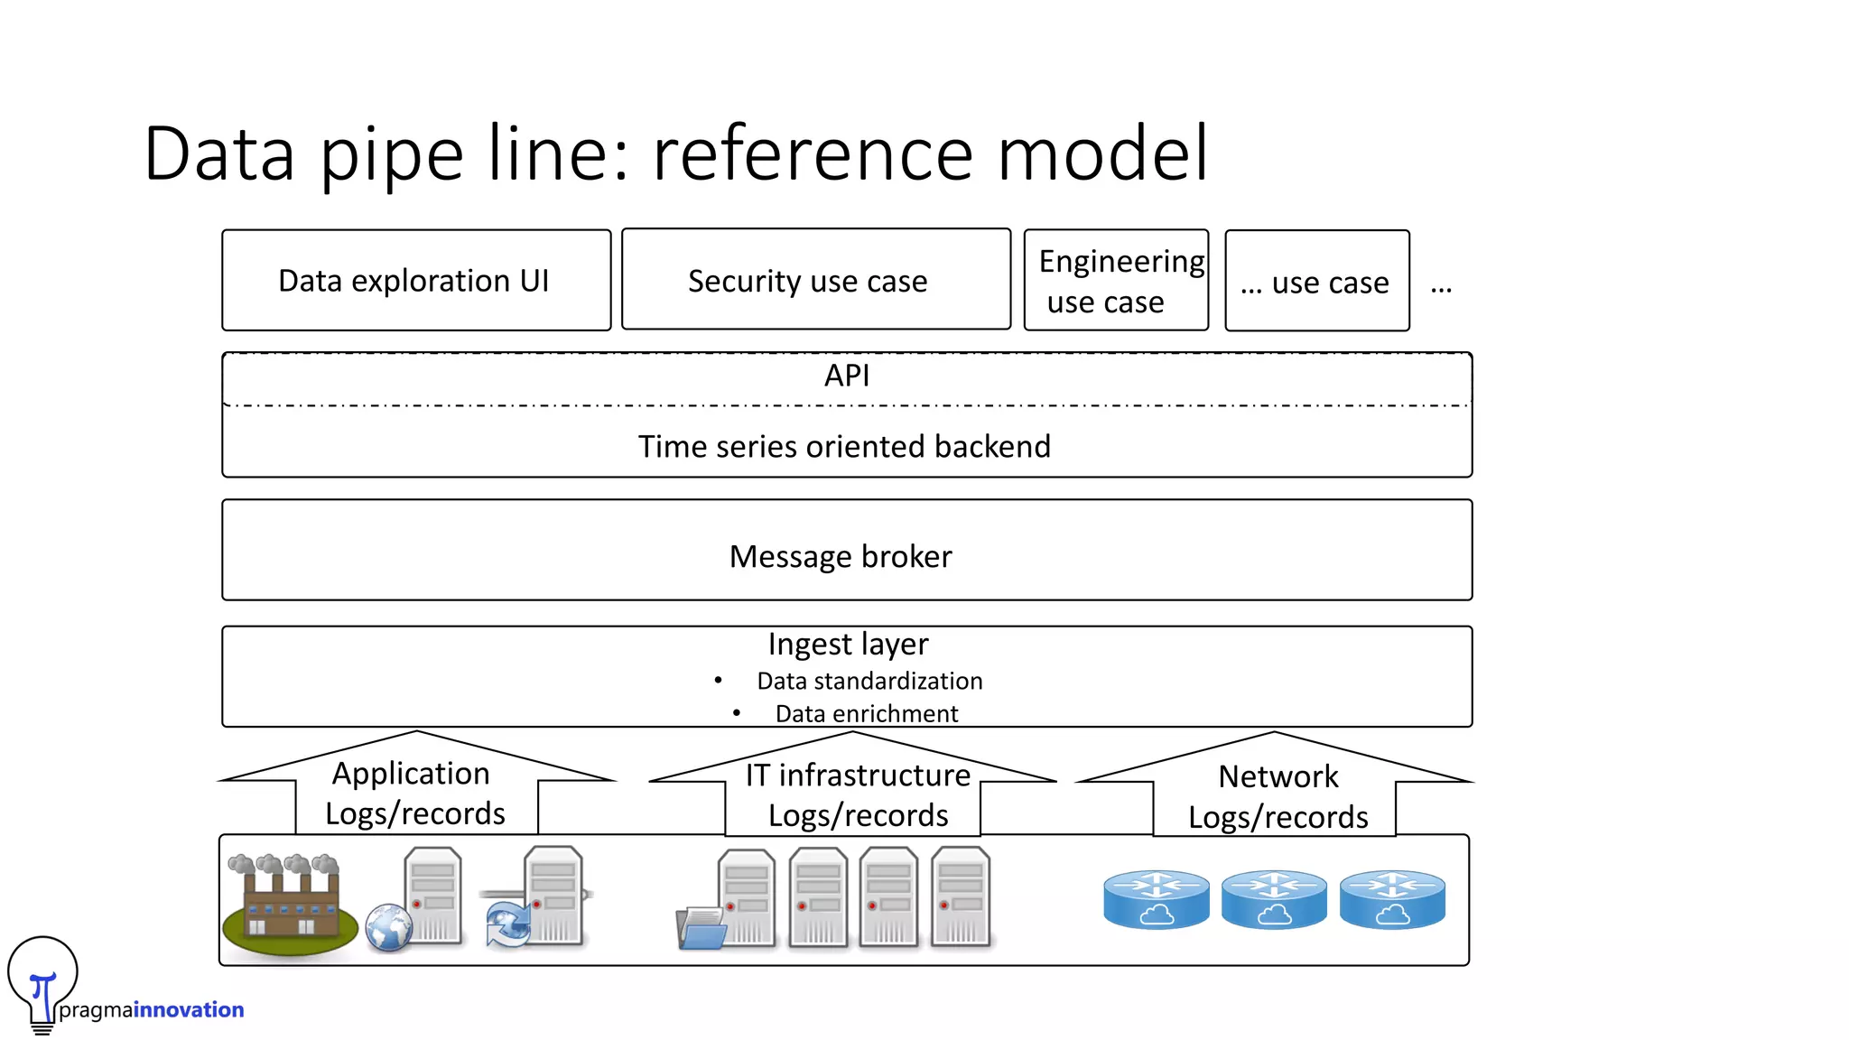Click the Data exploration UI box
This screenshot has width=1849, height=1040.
point(415,281)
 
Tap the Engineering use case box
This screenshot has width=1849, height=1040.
point(1116,281)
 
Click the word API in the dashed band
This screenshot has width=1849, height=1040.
point(847,376)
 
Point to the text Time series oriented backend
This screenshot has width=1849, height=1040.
point(844,447)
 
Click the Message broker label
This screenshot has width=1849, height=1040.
point(841,557)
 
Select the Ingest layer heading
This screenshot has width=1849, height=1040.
point(848,645)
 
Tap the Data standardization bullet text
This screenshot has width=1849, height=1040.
point(869,682)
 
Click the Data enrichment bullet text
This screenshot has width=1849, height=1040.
point(866,714)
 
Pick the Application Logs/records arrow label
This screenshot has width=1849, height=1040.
point(413,794)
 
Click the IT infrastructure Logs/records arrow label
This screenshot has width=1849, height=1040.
point(858,795)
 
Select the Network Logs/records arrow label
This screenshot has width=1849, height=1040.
point(1278,797)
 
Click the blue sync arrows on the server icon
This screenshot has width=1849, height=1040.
point(507,925)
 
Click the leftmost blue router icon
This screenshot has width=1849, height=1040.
point(1156,899)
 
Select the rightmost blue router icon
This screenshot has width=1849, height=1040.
point(1392,899)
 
